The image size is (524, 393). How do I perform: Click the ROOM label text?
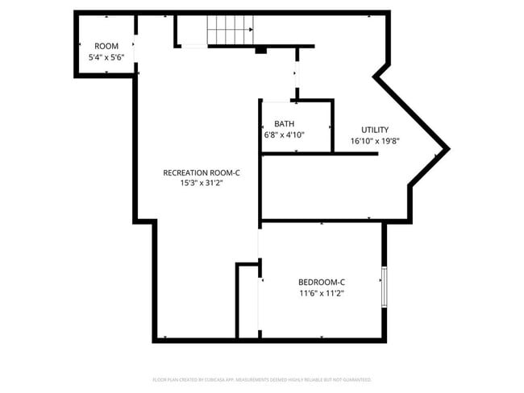[106, 46]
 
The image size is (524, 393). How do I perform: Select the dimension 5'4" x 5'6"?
[106, 57]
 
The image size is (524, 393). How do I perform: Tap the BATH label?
[284, 123]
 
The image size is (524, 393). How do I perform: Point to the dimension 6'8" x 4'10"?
[284, 134]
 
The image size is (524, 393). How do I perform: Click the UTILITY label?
[375, 130]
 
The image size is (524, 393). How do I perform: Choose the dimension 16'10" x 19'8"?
[375, 141]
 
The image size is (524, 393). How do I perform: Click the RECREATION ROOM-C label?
[201, 172]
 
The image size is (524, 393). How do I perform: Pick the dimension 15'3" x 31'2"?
[201, 184]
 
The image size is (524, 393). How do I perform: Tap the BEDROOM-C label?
[322, 281]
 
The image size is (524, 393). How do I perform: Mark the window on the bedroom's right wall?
[385, 286]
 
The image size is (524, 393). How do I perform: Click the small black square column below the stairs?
[260, 51]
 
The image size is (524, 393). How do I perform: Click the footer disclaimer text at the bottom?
[262, 379]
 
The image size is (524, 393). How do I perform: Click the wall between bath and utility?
[332, 126]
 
